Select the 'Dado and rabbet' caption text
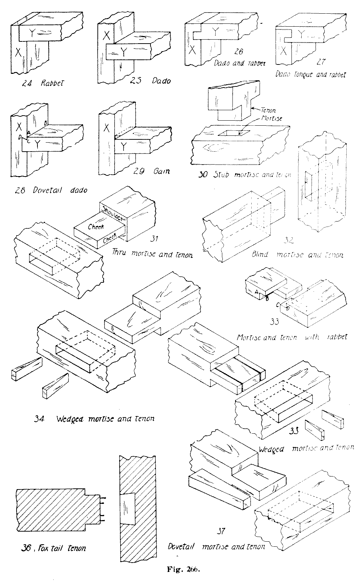[239, 63]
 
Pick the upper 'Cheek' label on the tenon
[95, 227]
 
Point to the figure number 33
[274, 322]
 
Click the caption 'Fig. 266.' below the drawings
[183, 569]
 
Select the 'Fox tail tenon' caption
[52, 549]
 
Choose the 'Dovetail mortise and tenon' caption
[216, 546]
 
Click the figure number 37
[221, 531]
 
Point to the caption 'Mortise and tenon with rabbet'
[292, 337]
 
